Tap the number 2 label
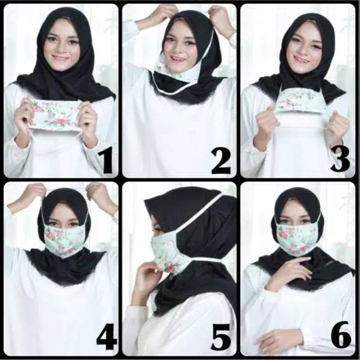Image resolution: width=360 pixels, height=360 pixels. [220, 160]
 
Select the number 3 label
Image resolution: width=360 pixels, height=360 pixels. [339, 159]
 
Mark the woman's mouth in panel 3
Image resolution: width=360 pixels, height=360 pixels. [301, 59]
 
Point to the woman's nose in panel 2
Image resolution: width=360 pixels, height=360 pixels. [179, 50]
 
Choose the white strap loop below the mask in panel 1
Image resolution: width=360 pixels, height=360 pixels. [53, 135]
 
